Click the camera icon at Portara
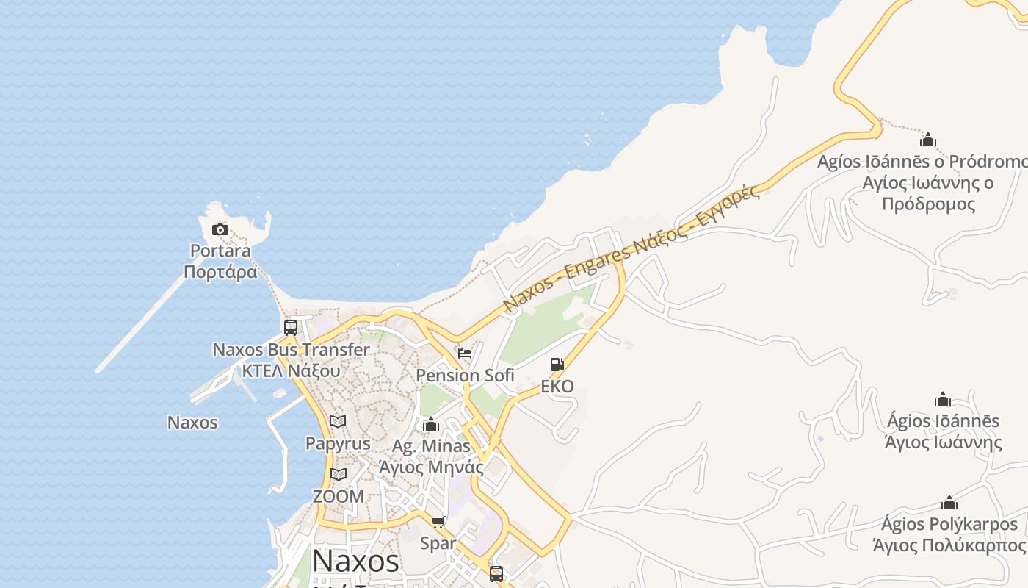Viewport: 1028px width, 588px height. (220, 230)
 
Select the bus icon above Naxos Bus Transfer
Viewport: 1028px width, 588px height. (291, 328)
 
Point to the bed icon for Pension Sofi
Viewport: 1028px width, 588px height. (465, 353)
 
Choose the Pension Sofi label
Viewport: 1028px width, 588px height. (465, 376)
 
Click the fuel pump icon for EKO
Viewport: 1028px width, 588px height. (557, 365)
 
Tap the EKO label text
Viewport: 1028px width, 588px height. (557, 387)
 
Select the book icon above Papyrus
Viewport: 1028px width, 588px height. (338, 422)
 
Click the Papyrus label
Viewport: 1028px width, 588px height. (338, 444)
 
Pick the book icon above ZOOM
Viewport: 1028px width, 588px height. (338, 475)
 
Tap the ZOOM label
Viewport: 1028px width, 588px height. (338, 496)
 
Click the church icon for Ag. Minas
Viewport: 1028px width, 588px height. (431, 425)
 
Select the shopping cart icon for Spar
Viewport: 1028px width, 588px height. (438, 522)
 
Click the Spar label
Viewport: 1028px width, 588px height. (438, 543)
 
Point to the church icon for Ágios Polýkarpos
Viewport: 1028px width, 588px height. (949, 503)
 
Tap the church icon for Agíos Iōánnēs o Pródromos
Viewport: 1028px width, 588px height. (928, 140)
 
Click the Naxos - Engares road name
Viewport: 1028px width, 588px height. (631, 250)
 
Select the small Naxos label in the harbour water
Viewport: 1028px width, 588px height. (192, 423)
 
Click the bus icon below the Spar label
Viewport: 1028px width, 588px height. (496, 573)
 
